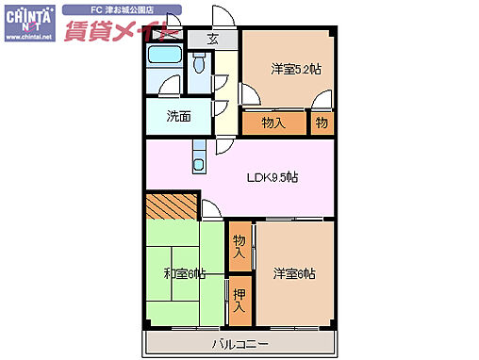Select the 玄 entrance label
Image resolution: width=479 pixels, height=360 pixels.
pos(212,40)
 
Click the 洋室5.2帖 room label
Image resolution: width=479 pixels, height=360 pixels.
pos(295,68)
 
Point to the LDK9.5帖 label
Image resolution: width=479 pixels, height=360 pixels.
pos(273,177)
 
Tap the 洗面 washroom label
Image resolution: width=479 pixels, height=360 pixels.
pos(178,117)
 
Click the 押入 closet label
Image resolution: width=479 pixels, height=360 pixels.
pos(239,300)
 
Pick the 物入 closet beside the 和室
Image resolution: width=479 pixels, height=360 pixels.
pos(239,247)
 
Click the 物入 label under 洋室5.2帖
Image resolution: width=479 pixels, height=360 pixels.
pos(273,123)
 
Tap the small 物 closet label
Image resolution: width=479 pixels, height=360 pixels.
pos(322,123)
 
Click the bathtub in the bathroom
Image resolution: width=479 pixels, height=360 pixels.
pos(165,56)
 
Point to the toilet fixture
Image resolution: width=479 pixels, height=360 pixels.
pos(198,64)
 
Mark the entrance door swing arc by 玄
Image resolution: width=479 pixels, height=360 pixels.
pos(223,17)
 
